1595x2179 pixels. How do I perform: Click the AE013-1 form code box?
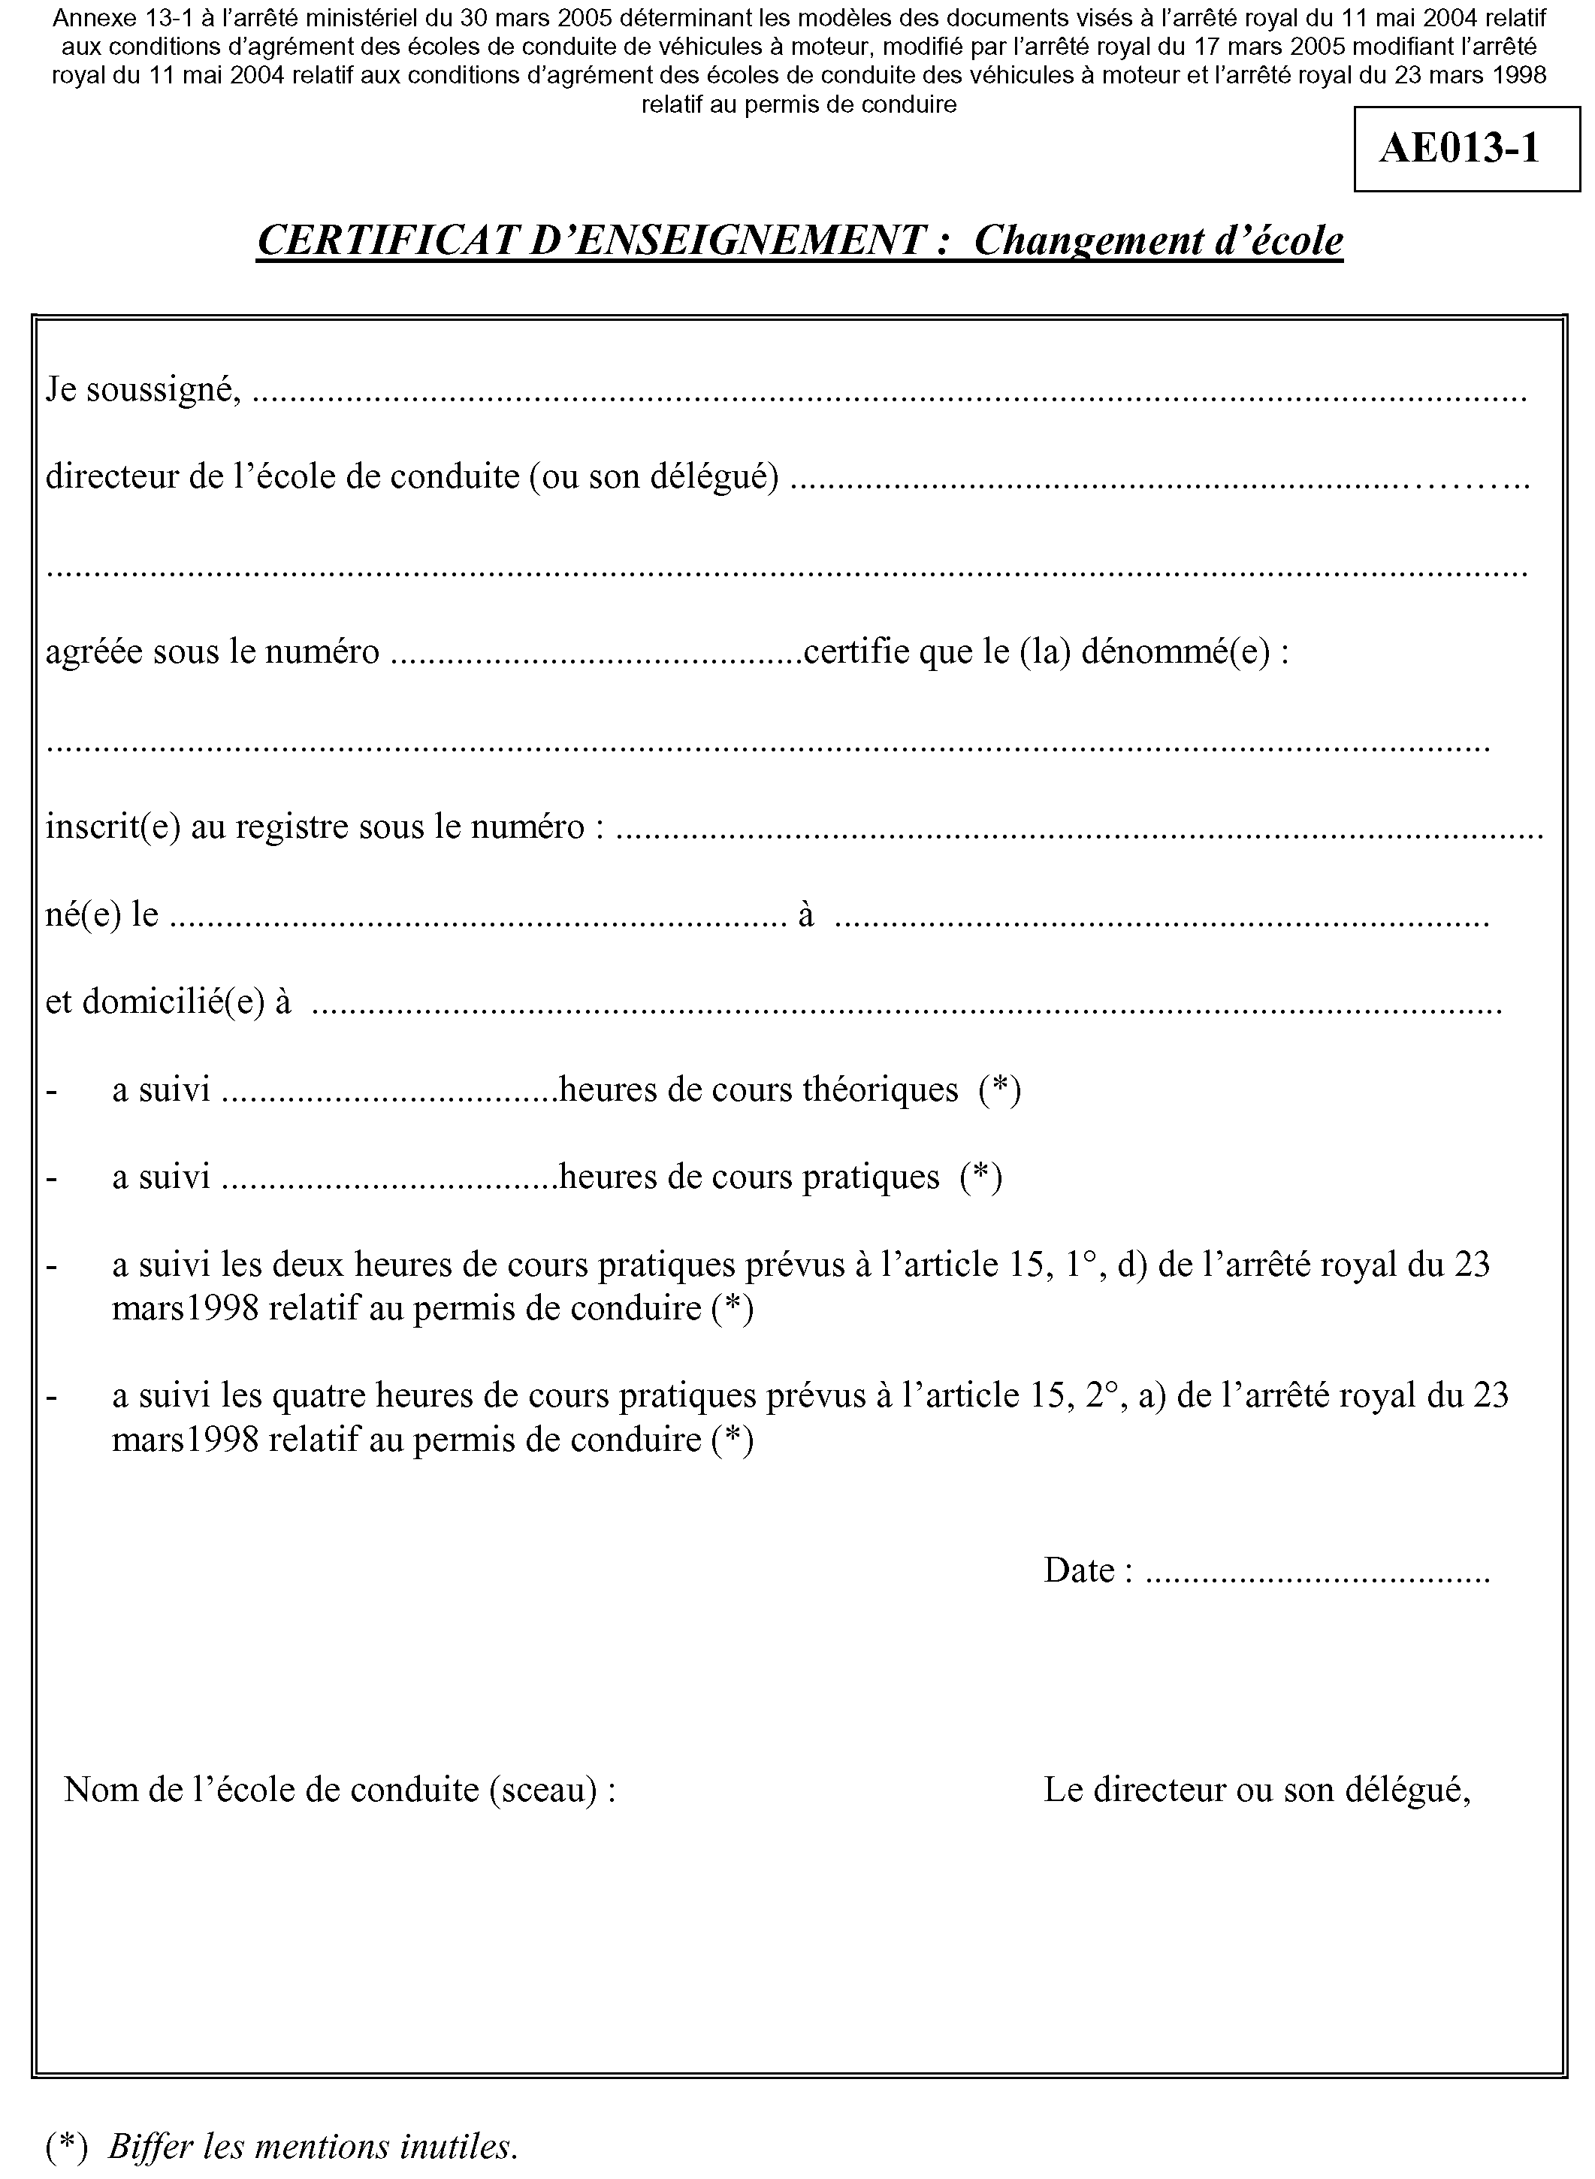click(1465, 150)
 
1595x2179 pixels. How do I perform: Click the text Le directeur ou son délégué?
click(1256, 1791)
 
